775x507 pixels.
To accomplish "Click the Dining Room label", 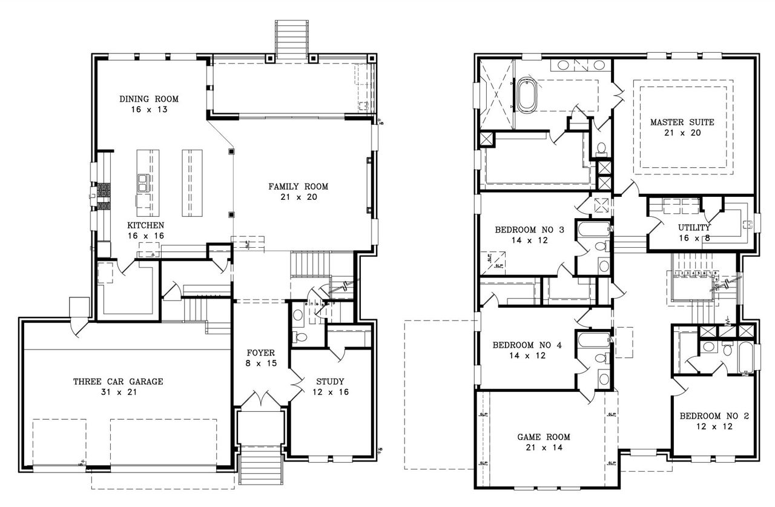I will pos(148,104).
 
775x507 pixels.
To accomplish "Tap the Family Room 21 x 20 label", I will pos(298,191).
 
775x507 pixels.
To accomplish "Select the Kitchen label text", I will pos(145,230).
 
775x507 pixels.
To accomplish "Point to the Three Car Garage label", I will pos(118,386).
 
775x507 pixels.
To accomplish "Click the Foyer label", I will pos(261,358).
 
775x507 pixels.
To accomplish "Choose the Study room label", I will pos(330,386).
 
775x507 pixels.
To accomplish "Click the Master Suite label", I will pos(682,127).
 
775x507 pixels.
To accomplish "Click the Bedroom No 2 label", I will pos(714,421).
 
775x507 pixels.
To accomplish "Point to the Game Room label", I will pos(543,442).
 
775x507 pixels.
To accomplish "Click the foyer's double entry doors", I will pos(261,399).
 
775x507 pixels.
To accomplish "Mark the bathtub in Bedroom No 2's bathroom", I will pos(744,357).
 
